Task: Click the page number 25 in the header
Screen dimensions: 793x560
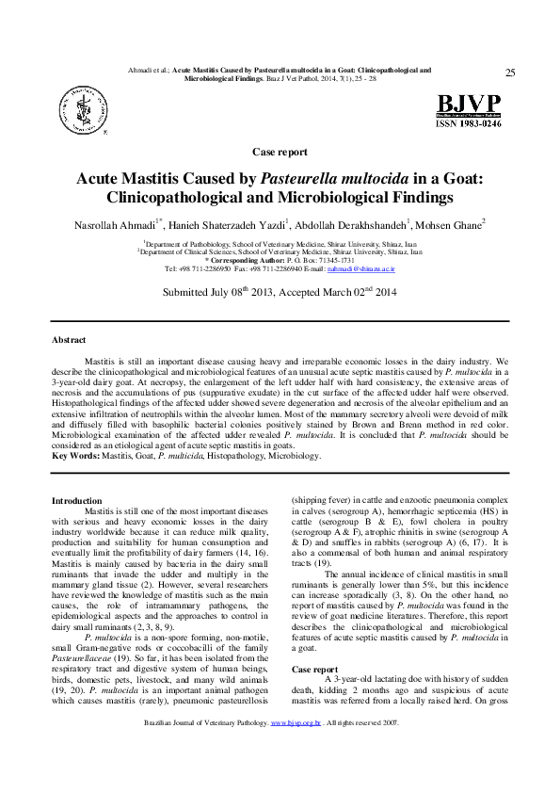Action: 510,73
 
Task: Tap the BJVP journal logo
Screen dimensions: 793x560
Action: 468,105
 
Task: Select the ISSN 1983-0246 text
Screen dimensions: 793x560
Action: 468,122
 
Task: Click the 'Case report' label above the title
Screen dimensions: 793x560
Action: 280,152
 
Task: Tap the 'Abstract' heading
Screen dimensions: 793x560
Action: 69,339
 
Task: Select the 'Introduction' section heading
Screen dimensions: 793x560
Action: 77,500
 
